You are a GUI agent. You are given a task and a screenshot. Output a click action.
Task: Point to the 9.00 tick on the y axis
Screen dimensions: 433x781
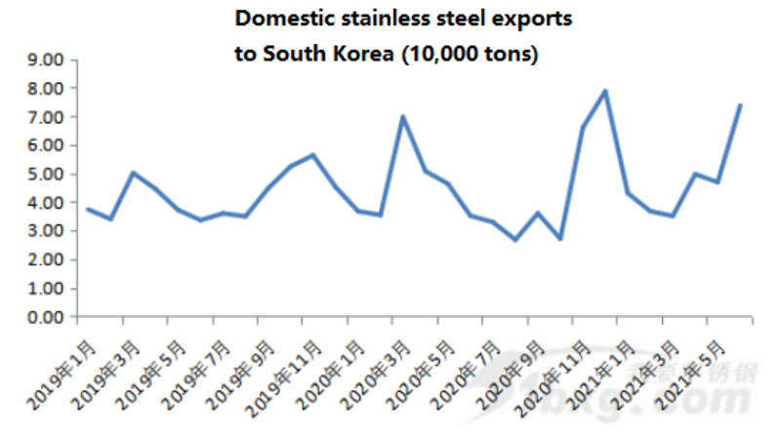[x=44, y=60]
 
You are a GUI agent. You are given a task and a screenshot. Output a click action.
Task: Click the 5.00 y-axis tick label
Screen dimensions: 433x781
[x=44, y=175]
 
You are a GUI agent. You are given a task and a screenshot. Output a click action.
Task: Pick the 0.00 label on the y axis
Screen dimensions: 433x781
[x=44, y=318]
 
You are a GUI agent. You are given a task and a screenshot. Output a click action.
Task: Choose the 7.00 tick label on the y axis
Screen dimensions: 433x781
[x=44, y=117]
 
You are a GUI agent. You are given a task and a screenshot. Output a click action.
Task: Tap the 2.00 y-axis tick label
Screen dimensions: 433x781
[x=44, y=260]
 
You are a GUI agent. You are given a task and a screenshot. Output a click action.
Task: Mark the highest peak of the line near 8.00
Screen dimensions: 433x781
[x=605, y=91]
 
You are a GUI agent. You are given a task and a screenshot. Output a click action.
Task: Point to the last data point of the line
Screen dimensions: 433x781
[x=741, y=105]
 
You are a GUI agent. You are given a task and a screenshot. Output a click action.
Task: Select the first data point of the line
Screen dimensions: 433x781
[x=88, y=209]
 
